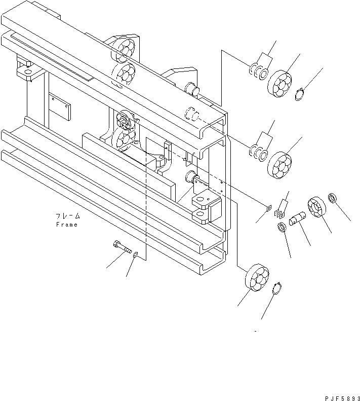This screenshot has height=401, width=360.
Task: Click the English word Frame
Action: (x=67, y=225)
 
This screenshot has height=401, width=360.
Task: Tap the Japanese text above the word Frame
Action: (x=68, y=216)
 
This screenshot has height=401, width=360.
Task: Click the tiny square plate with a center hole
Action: (x=269, y=207)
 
